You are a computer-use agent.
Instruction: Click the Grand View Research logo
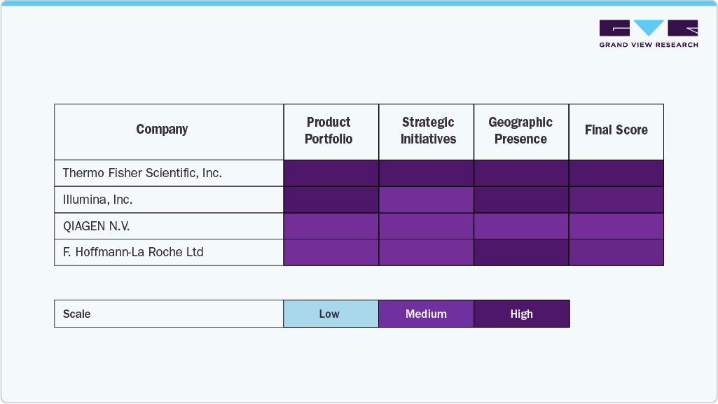649,34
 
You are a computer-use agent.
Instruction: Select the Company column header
162,130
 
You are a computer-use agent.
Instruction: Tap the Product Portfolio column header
329,131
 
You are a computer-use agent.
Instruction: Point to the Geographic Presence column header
520,131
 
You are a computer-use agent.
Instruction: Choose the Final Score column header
616,130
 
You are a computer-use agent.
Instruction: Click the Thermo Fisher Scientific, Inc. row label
142,173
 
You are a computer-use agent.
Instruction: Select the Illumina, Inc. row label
97,200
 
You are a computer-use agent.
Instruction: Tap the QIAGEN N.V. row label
97,226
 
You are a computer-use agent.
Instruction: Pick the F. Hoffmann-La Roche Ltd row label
133,252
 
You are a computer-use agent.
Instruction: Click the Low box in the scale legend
330,314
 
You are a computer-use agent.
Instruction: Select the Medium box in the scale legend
426,314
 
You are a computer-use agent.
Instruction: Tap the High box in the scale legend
521,314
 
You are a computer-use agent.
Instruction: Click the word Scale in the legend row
77,314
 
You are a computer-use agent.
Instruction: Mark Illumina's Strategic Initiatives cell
426,200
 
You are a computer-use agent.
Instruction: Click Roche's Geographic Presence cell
521,252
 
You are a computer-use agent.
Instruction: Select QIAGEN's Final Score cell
616,226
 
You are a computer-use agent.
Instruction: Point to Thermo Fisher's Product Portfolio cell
331,173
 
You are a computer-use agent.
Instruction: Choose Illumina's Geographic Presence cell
521,200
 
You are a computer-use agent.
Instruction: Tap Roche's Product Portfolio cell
331,252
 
